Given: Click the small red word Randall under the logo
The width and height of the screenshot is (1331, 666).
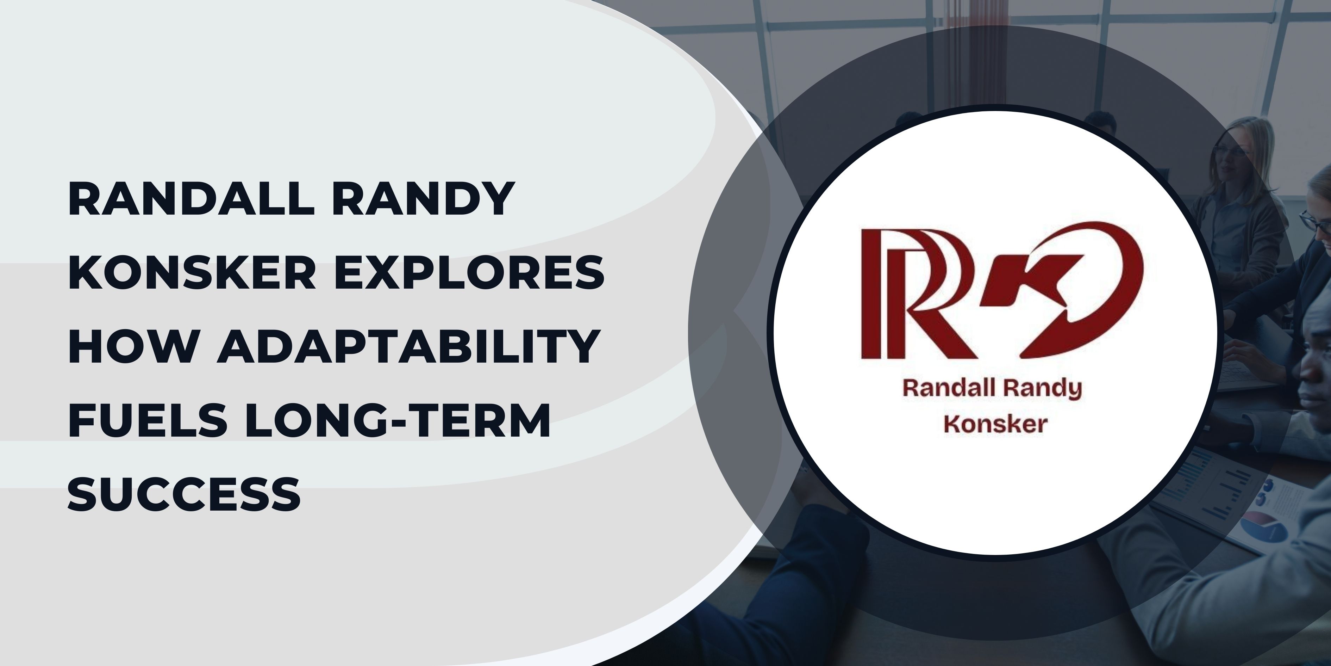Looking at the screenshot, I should point(941,389).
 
